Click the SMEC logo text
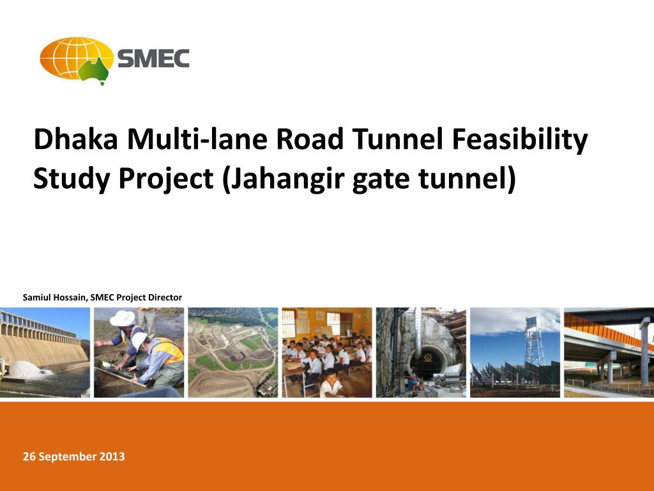point(153,58)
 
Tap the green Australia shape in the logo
point(95,70)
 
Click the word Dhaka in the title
point(76,139)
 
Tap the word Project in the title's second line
point(165,180)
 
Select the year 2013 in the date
point(112,456)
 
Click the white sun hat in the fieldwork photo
point(122,318)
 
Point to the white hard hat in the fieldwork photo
point(139,339)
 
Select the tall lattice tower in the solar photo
point(535,340)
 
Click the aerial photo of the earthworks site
point(232,352)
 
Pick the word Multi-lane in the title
point(197,139)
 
